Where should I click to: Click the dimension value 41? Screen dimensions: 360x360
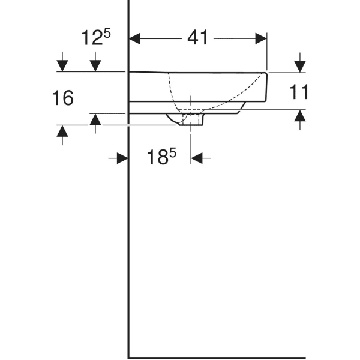tap(197, 38)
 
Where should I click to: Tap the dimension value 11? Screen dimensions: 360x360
tap(299, 92)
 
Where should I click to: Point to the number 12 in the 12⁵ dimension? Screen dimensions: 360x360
tap(92, 39)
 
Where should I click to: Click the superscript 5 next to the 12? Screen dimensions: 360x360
tap(107, 34)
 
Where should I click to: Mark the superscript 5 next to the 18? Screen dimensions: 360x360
tap(173, 153)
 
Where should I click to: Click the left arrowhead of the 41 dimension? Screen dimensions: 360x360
tap(135, 38)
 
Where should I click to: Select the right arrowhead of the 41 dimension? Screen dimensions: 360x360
tap(262, 38)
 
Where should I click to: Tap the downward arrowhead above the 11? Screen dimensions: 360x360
tap(299, 65)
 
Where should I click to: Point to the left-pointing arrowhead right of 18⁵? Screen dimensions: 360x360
tap(197, 158)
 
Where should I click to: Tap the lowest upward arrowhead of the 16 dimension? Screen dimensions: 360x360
tap(62, 131)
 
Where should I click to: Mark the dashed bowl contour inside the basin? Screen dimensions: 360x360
tap(170, 90)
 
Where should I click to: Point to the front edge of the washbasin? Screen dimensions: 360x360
tap(267, 87)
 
